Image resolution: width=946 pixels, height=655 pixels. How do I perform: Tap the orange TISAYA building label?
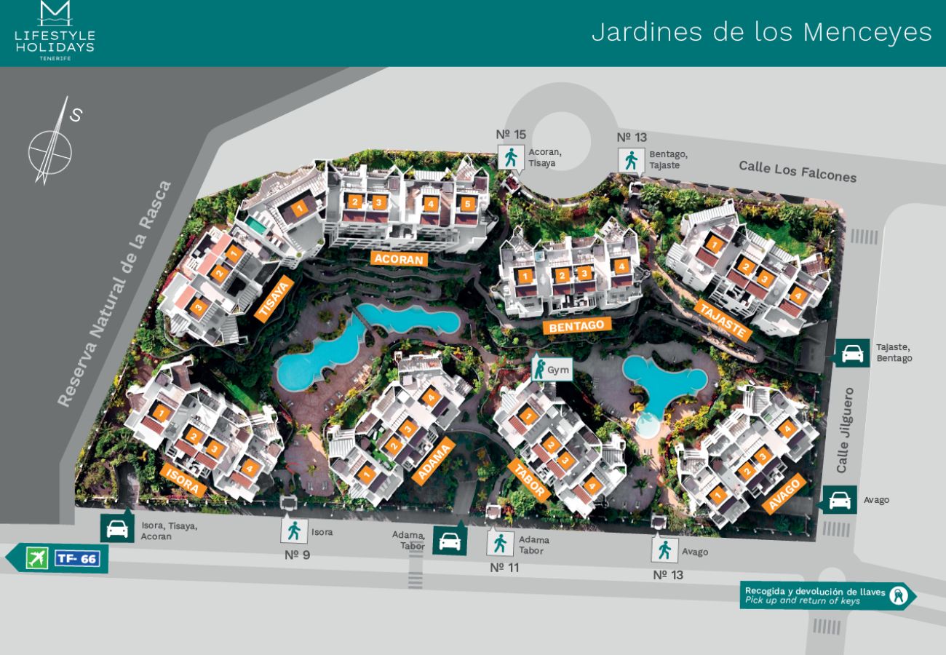274,298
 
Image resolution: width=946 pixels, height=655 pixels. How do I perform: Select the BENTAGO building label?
576,327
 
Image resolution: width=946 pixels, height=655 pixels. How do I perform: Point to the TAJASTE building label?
723,319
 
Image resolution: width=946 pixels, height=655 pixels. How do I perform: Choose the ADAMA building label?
433,461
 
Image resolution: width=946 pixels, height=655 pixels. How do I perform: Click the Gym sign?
552,369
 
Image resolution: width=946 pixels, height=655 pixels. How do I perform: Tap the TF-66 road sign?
77,559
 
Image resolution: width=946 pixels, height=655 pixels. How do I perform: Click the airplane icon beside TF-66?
36,559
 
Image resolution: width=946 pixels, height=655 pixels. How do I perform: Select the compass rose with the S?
51,146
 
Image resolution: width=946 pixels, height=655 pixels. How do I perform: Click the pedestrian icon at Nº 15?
511,157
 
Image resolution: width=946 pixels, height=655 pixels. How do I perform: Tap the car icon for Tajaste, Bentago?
851,353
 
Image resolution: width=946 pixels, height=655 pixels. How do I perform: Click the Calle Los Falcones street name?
798,171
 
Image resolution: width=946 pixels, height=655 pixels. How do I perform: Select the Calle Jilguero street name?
844,430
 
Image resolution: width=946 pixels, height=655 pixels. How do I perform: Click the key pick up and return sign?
826,596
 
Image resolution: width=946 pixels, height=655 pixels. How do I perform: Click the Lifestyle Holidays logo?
55,31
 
